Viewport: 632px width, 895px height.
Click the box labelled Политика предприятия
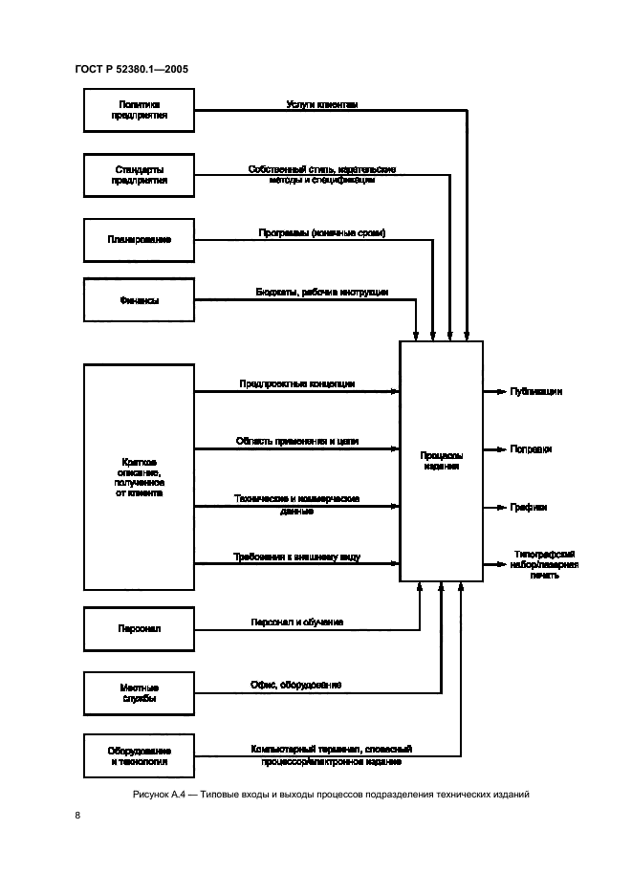140,110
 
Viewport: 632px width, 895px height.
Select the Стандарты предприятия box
140,174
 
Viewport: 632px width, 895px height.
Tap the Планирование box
140,239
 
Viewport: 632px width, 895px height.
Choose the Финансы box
140,301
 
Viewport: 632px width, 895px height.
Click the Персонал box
140,628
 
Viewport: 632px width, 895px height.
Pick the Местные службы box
140,693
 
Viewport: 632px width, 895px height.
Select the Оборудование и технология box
140,756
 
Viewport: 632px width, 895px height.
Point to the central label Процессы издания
441,463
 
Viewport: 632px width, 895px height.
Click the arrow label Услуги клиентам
322,104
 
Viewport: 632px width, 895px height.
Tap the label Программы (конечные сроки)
322,232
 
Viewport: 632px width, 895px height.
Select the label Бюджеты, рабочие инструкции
322,292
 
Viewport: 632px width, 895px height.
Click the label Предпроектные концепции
297,383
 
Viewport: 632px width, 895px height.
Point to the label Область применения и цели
297,442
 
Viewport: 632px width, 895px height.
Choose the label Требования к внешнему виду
297,557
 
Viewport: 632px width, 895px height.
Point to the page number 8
77,816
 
